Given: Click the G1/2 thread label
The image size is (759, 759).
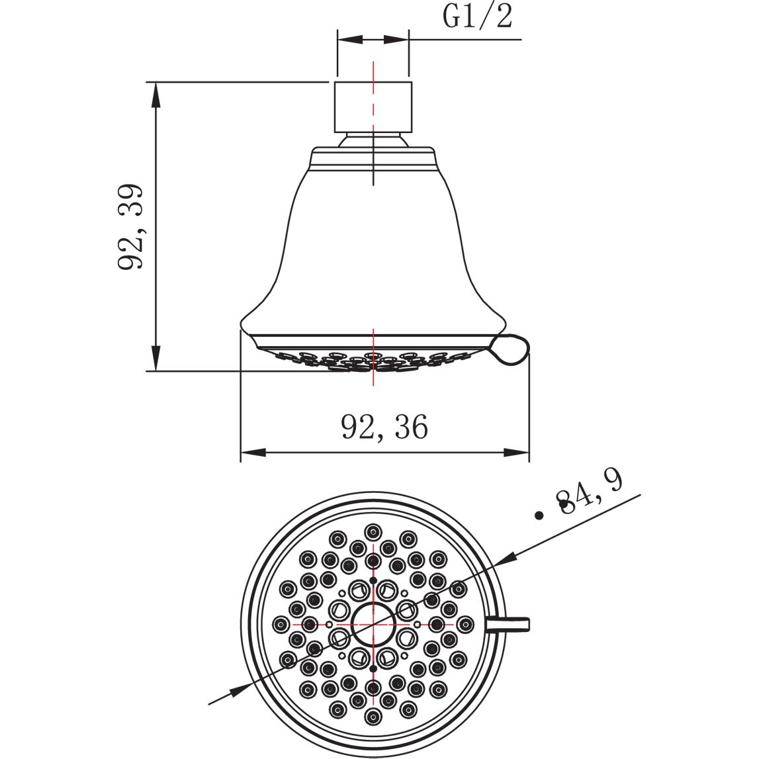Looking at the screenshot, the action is [477, 17].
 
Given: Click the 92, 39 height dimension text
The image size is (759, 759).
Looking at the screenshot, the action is [131, 226].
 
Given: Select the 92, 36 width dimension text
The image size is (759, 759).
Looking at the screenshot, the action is [385, 426].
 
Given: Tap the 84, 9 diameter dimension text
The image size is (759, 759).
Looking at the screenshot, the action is [589, 493].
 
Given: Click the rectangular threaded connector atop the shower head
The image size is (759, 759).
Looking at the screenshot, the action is [373, 107].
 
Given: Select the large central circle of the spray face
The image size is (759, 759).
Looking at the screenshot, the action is [373, 625].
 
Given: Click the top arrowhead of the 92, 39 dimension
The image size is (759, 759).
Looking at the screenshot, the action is [156, 94].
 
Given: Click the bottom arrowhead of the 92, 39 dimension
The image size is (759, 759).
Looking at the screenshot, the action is [156, 359].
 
